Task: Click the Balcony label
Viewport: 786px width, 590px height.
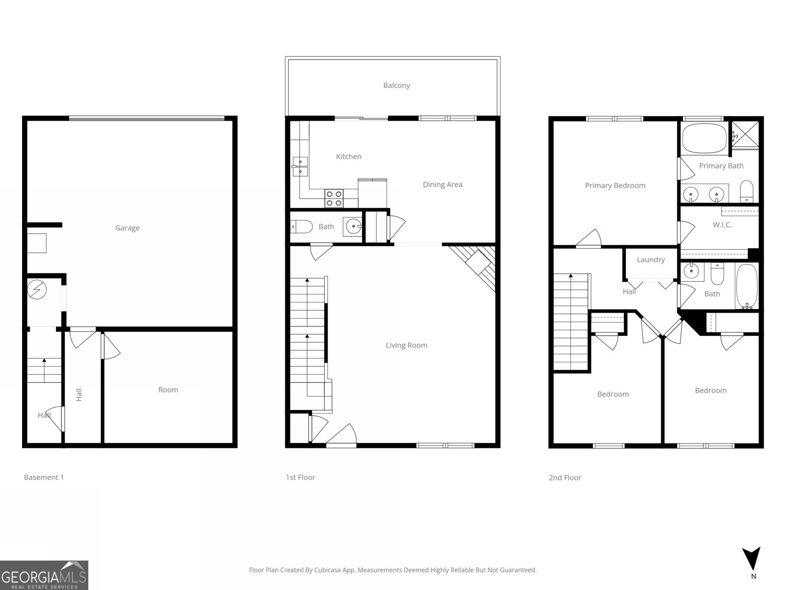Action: (x=396, y=86)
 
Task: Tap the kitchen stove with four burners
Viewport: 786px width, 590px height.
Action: (x=334, y=198)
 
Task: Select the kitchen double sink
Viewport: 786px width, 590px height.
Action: (x=300, y=166)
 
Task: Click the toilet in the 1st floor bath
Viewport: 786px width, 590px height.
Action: (x=303, y=227)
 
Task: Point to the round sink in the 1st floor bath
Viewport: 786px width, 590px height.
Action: (x=353, y=227)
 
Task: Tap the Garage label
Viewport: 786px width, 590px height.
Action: (x=127, y=228)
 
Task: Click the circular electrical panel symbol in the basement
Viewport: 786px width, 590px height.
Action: (x=37, y=290)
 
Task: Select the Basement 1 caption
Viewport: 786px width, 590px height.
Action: (x=44, y=477)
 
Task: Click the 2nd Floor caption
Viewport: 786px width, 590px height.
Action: (x=564, y=478)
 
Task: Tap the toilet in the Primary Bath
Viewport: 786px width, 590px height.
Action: (x=747, y=191)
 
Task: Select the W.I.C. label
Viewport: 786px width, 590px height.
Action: (x=722, y=225)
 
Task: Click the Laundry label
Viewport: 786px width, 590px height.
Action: (x=650, y=260)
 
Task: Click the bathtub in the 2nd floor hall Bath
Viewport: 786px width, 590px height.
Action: (x=747, y=286)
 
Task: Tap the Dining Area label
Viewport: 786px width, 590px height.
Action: (x=442, y=185)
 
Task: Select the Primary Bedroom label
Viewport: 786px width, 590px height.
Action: (x=615, y=186)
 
